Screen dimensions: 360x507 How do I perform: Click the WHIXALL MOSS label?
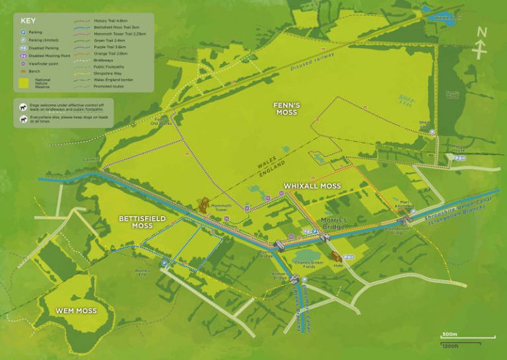point(312,186)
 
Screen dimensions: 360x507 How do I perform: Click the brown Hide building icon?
point(335,254)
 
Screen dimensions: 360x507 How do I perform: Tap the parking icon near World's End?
point(162,263)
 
